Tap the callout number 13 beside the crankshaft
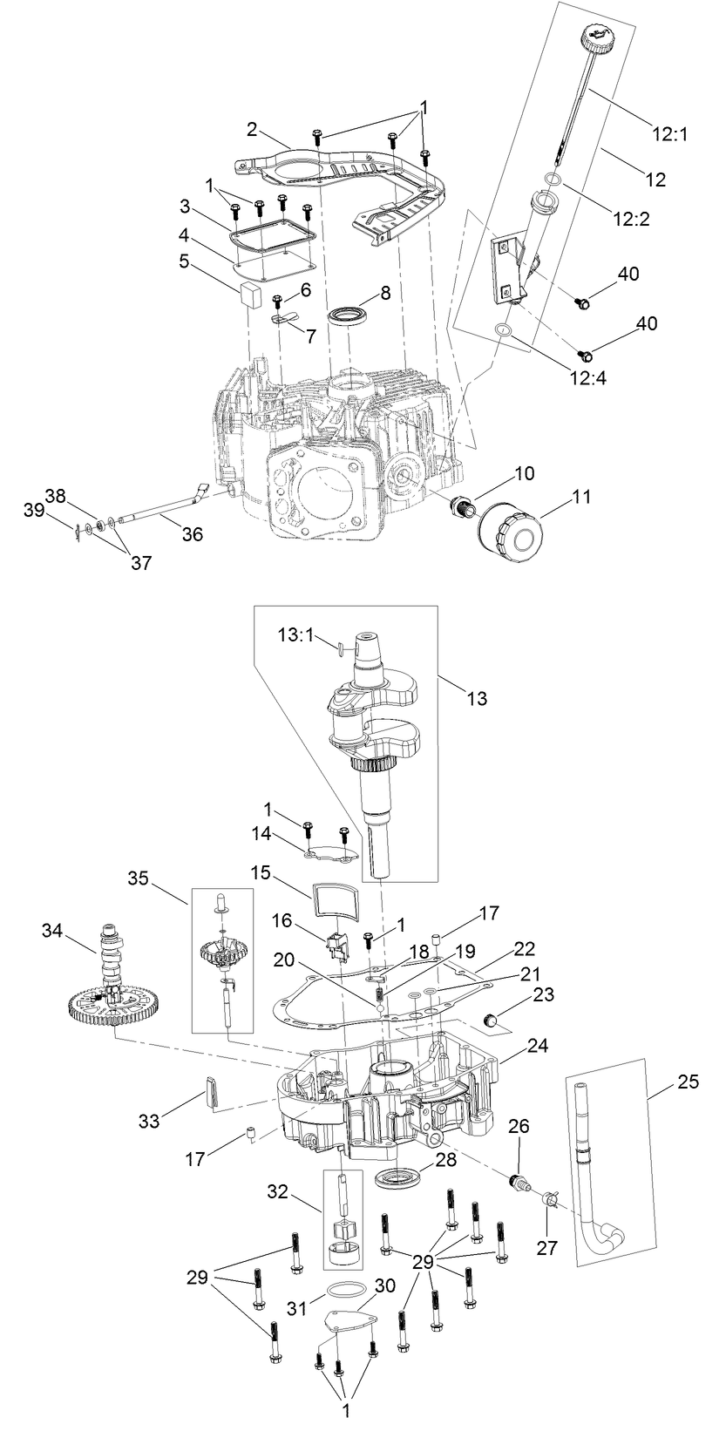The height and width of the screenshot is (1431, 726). [477, 698]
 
